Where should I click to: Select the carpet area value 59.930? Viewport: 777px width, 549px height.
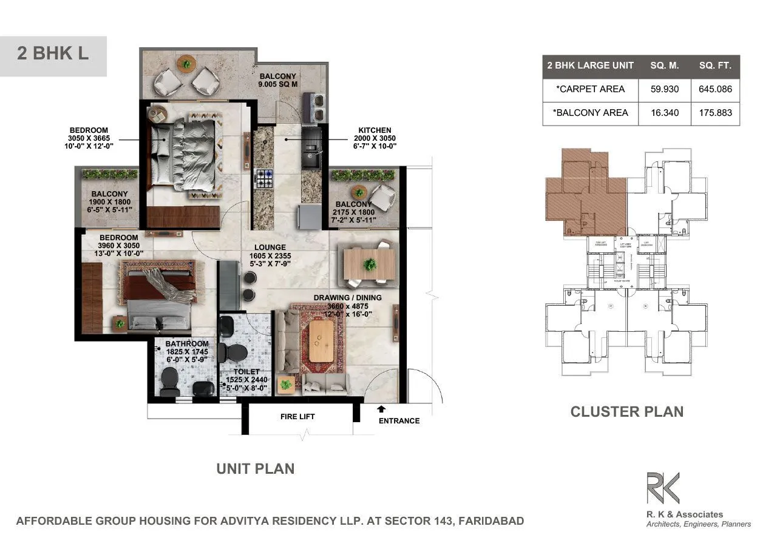pos(664,89)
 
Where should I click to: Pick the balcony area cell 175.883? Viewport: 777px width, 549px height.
pos(715,113)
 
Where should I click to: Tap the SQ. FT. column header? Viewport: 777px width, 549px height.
pos(715,66)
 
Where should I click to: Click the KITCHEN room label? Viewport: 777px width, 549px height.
pos(375,130)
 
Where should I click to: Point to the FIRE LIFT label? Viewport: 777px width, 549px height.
pos(297,417)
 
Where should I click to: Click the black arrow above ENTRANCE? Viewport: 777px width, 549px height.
pos(381,409)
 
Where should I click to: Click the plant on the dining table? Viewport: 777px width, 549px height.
pos(369,264)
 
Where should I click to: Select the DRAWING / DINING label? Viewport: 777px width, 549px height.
pos(347,298)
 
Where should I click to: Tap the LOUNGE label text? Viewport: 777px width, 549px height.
pos(270,248)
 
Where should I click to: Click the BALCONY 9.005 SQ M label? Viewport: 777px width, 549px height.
pos(278,81)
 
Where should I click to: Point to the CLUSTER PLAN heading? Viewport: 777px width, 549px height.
pos(626,412)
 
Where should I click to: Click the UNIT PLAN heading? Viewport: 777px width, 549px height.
pos(256,469)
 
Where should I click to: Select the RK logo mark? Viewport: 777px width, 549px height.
pos(662,489)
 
